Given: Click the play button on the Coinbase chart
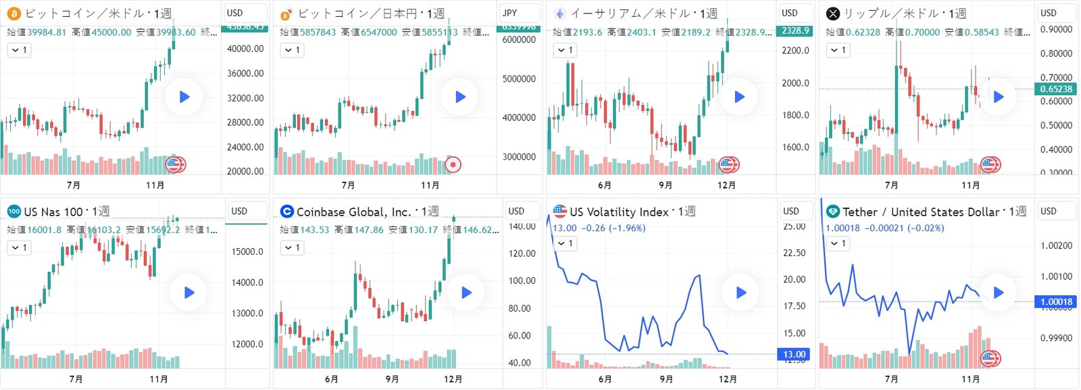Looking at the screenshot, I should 466,293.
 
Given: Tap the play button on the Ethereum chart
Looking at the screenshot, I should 739,97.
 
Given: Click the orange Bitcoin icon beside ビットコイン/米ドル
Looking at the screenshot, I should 14,14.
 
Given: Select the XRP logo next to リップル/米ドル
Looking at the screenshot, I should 833,14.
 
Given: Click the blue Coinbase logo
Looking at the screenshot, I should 286,212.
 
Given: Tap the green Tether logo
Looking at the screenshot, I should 832,212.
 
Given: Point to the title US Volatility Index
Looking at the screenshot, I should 618,212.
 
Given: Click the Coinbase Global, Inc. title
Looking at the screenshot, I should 353,212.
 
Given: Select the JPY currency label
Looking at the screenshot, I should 510,13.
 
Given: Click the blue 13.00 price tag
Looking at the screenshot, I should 794,354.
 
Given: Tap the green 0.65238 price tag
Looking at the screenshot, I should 1055,89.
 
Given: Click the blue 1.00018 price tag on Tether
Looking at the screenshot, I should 1055,301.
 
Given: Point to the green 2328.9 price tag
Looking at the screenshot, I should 796,30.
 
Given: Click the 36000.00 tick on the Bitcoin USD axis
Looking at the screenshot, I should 245,73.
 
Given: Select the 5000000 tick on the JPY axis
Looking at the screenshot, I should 519,78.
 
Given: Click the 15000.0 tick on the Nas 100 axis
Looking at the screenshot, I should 247,251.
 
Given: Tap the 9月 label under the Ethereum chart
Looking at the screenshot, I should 665,185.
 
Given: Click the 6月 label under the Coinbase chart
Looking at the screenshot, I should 331,379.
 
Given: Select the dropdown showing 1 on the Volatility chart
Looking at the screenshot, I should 565,243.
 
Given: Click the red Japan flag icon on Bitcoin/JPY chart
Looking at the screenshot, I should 453,164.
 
